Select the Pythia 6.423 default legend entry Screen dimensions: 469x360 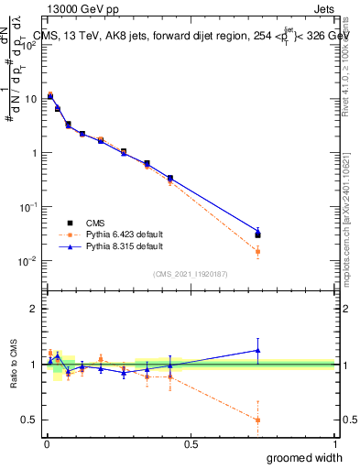[x=113, y=234]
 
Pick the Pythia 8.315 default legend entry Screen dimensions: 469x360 [x=113, y=246]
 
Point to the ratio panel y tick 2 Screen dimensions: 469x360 [x=34, y=309]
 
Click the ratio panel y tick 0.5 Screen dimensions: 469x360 [x=30, y=420]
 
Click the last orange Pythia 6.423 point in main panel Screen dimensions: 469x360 [x=258, y=251]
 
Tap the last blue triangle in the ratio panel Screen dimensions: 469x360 [x=258, y=350]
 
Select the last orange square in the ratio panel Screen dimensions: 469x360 [x=258, y=420]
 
